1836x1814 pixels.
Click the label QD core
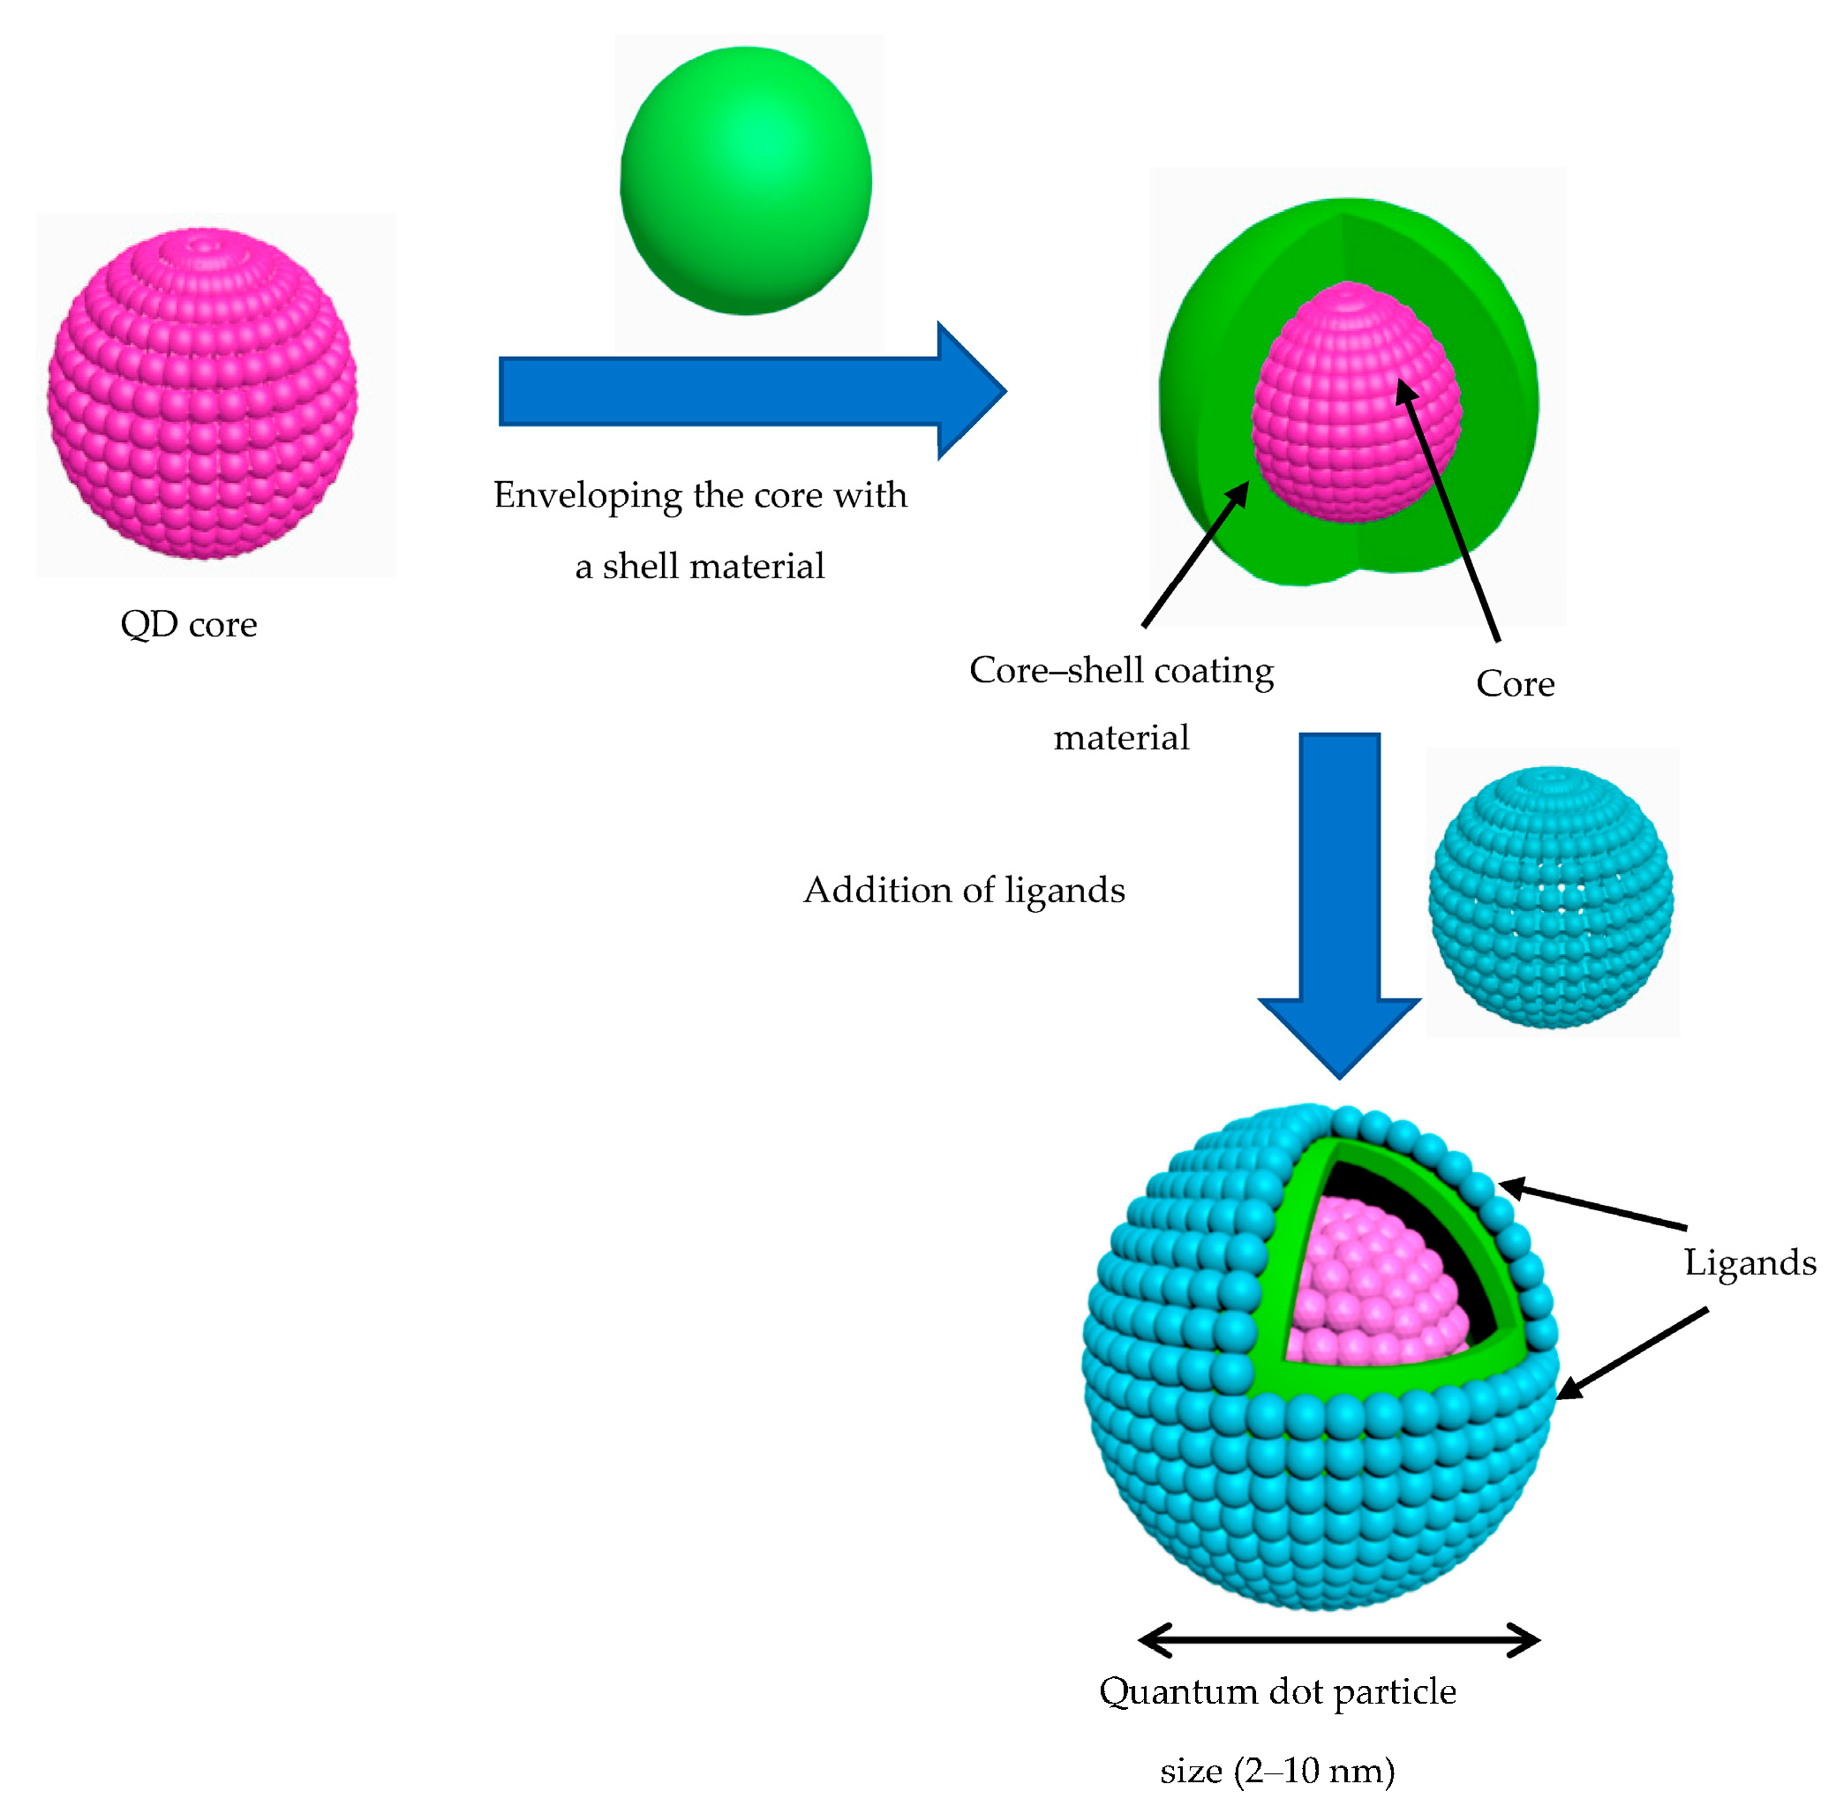tap(188, 624)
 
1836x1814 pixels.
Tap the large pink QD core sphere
tap(202, 393)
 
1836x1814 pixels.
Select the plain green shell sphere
tap(746, 181)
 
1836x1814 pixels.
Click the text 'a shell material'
tap(699, 567)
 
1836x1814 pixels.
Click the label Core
tap(1515, 683)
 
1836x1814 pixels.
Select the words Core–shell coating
tap(1121, 670)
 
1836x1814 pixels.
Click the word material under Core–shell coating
tap(1121, 737)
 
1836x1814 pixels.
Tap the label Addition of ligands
tap(964, 891)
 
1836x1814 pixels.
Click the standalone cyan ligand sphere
tap(1551, 897)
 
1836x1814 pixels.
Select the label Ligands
tap(1749, 1262)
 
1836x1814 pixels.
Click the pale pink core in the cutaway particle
tap(1368, 1283)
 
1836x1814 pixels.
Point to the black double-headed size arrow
tap(1338, 1639)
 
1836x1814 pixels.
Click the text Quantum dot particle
tap(1277, 1691)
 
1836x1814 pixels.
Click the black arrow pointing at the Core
tap(1449, 513)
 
